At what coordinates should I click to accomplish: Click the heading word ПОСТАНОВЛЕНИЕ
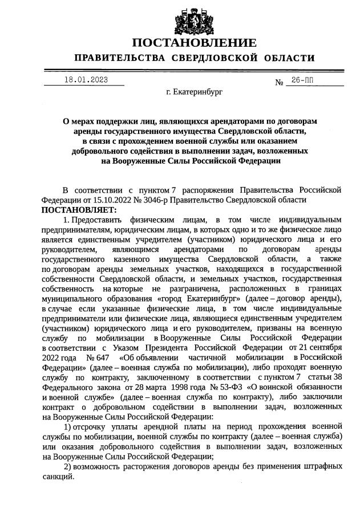pos(194,43)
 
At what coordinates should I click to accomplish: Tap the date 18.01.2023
pos(85,80)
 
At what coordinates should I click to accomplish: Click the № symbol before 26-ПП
pos(279,83)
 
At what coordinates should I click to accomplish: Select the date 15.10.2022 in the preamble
pos(102,200)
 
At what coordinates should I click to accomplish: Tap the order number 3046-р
pos(151,200)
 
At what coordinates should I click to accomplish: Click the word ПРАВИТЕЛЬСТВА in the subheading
pos(119,58)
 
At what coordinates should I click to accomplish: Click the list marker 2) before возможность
pos(67,466)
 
